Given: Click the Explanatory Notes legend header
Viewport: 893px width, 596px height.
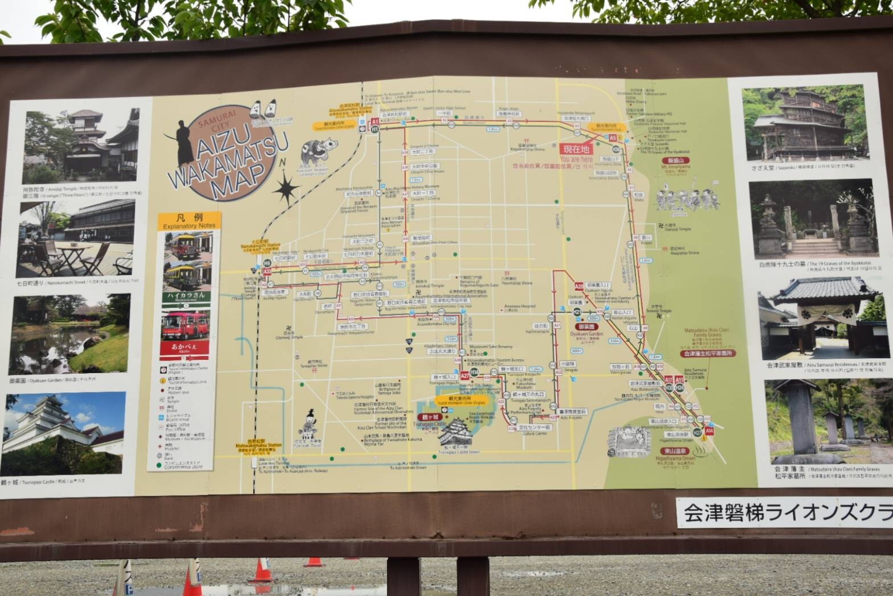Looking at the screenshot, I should click(x=189, y=221).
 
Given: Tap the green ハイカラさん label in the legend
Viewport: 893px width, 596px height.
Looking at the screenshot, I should click(x=185, y=295).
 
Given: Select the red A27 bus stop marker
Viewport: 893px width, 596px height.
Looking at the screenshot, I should click(x=465, y=376).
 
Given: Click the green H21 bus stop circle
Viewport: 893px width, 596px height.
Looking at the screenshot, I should click(x=577, y=312).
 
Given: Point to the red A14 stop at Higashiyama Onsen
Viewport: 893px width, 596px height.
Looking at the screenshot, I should click(x=709, y=432).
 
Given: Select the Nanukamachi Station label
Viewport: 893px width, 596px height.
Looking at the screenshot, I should click(x=260, y=245).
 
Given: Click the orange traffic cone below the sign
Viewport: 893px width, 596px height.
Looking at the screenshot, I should click(x=262, y=570).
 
